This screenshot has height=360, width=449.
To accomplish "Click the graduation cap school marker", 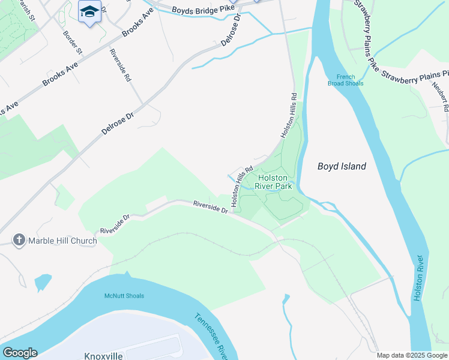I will [x=90, y=12].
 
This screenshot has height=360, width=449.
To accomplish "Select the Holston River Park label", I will [x=275, y=182].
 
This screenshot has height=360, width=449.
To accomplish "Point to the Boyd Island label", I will [x=342, y=167].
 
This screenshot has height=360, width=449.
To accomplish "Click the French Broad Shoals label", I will [x=346, y=80].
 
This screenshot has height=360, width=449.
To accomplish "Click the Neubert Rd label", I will [x=439, y=96].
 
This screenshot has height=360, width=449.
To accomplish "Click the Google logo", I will [x=20, y=353].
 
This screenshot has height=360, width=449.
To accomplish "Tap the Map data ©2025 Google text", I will [x=411, y=355].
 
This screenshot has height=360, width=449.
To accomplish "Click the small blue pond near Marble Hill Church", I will [x=43, y=281].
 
